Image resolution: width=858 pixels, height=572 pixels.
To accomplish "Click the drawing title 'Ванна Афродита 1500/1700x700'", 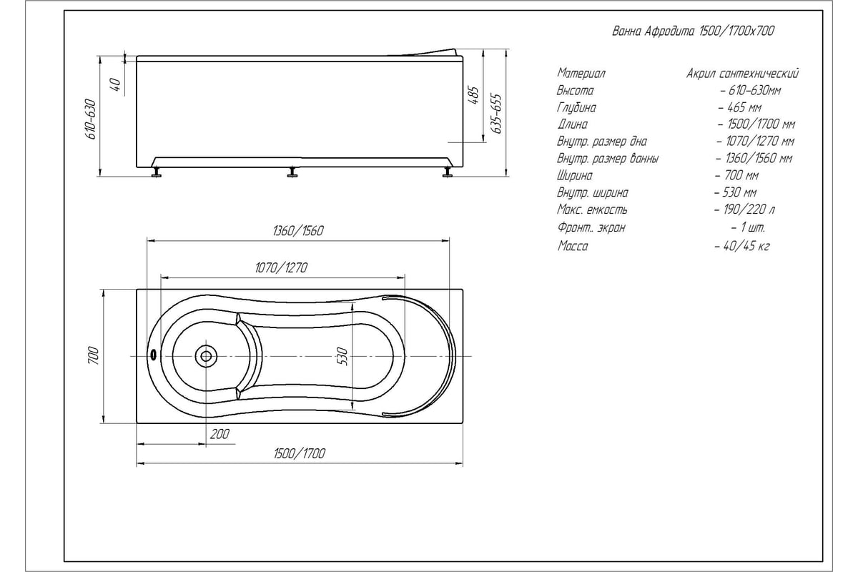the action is click(x=693, y=31).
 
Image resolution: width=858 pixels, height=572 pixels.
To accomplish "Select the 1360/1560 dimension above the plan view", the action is click(x=298, y=231).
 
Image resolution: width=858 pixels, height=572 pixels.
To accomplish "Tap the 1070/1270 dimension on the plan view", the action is click(x=281, y=267).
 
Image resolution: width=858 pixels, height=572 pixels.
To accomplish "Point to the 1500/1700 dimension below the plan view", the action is click(x=300, y=453).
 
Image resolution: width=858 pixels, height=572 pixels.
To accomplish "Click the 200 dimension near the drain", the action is click(x=220, y=434).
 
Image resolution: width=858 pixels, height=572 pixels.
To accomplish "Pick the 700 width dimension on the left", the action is click(x=94, y=355).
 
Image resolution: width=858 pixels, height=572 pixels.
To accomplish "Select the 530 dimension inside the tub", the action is click(x=342, y=356).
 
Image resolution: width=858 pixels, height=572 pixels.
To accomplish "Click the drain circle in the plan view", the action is click(x=206, y=356).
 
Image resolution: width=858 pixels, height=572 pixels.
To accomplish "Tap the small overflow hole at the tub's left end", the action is click(x=154, y=355).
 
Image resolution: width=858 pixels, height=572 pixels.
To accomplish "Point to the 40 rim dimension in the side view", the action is click(x=116, y=84).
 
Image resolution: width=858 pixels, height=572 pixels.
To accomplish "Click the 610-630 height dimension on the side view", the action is click(x=91, y=119).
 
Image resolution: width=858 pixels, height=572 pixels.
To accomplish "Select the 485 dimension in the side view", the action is click(x=474, y=95).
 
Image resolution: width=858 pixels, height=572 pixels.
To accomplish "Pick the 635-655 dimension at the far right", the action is click(x=496, y=114).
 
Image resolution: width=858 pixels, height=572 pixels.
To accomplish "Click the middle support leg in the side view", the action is click(x=293, y=172).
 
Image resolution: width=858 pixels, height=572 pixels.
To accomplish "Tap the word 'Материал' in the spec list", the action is click(x=581, y=73).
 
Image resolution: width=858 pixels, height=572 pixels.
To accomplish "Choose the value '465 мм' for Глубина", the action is click(x=744, y=107).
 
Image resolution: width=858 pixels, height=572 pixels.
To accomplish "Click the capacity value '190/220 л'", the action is click(x=749, y=209).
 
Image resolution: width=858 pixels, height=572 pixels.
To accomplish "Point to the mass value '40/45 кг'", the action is click(x=746, y=245).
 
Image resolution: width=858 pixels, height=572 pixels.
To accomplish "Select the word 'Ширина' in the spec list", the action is click(x=575, y=176).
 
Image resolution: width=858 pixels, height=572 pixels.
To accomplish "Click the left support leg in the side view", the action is click(x=157, y=172).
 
